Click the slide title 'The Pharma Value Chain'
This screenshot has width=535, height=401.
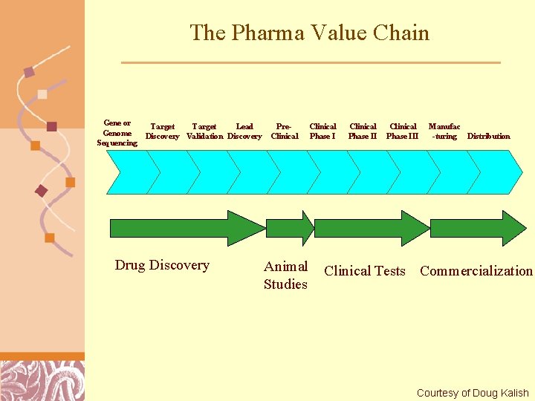coord(309,33)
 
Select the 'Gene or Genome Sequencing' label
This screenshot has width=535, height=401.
coord(117,133)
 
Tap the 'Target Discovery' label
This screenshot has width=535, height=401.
coord(162,131)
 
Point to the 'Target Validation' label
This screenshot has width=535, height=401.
coord(204,131)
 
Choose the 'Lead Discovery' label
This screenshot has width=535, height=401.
coord(244,131)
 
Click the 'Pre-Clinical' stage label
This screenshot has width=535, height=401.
coord(285,131)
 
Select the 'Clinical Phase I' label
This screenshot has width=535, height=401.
coord(322,131)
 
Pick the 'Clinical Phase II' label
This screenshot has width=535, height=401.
coord(363,131)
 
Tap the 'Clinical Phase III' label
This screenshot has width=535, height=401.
coord(403,131)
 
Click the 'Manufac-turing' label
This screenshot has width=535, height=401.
coord(444,131)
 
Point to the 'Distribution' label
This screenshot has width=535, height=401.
coord(488,136)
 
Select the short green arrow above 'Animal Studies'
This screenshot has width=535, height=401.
coord(291,228)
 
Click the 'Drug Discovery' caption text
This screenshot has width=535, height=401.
coord(162,265)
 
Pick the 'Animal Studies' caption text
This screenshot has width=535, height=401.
coord(285,275)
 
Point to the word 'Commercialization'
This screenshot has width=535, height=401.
coord(476,271)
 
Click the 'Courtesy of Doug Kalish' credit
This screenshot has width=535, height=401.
coord(473,393)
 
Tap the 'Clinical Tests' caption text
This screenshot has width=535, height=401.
coord(365,271)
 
